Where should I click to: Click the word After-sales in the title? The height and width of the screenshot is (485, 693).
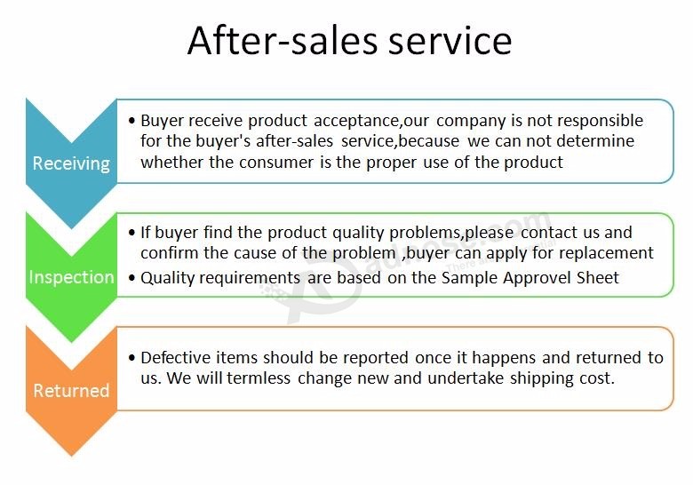(283, 40)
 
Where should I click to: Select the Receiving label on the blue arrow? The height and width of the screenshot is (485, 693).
(71, 163)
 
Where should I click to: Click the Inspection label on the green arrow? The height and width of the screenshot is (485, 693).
(72, 277)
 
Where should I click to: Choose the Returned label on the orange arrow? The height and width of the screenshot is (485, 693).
(71, 391)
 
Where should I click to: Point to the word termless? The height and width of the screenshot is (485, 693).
(259, 378)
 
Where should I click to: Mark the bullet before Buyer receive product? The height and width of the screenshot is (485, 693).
(131, 121)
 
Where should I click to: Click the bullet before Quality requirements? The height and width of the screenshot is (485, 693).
(131, 278)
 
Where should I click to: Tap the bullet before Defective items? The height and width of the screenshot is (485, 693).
(131, 357)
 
